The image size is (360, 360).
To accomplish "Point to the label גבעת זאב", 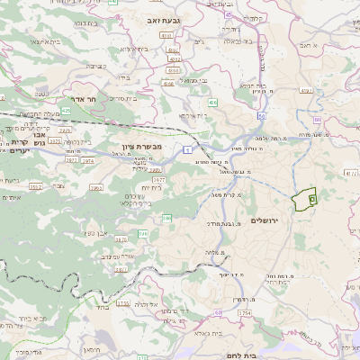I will click(x=167, y=17).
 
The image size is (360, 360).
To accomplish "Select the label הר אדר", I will click(x=84, y=101).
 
